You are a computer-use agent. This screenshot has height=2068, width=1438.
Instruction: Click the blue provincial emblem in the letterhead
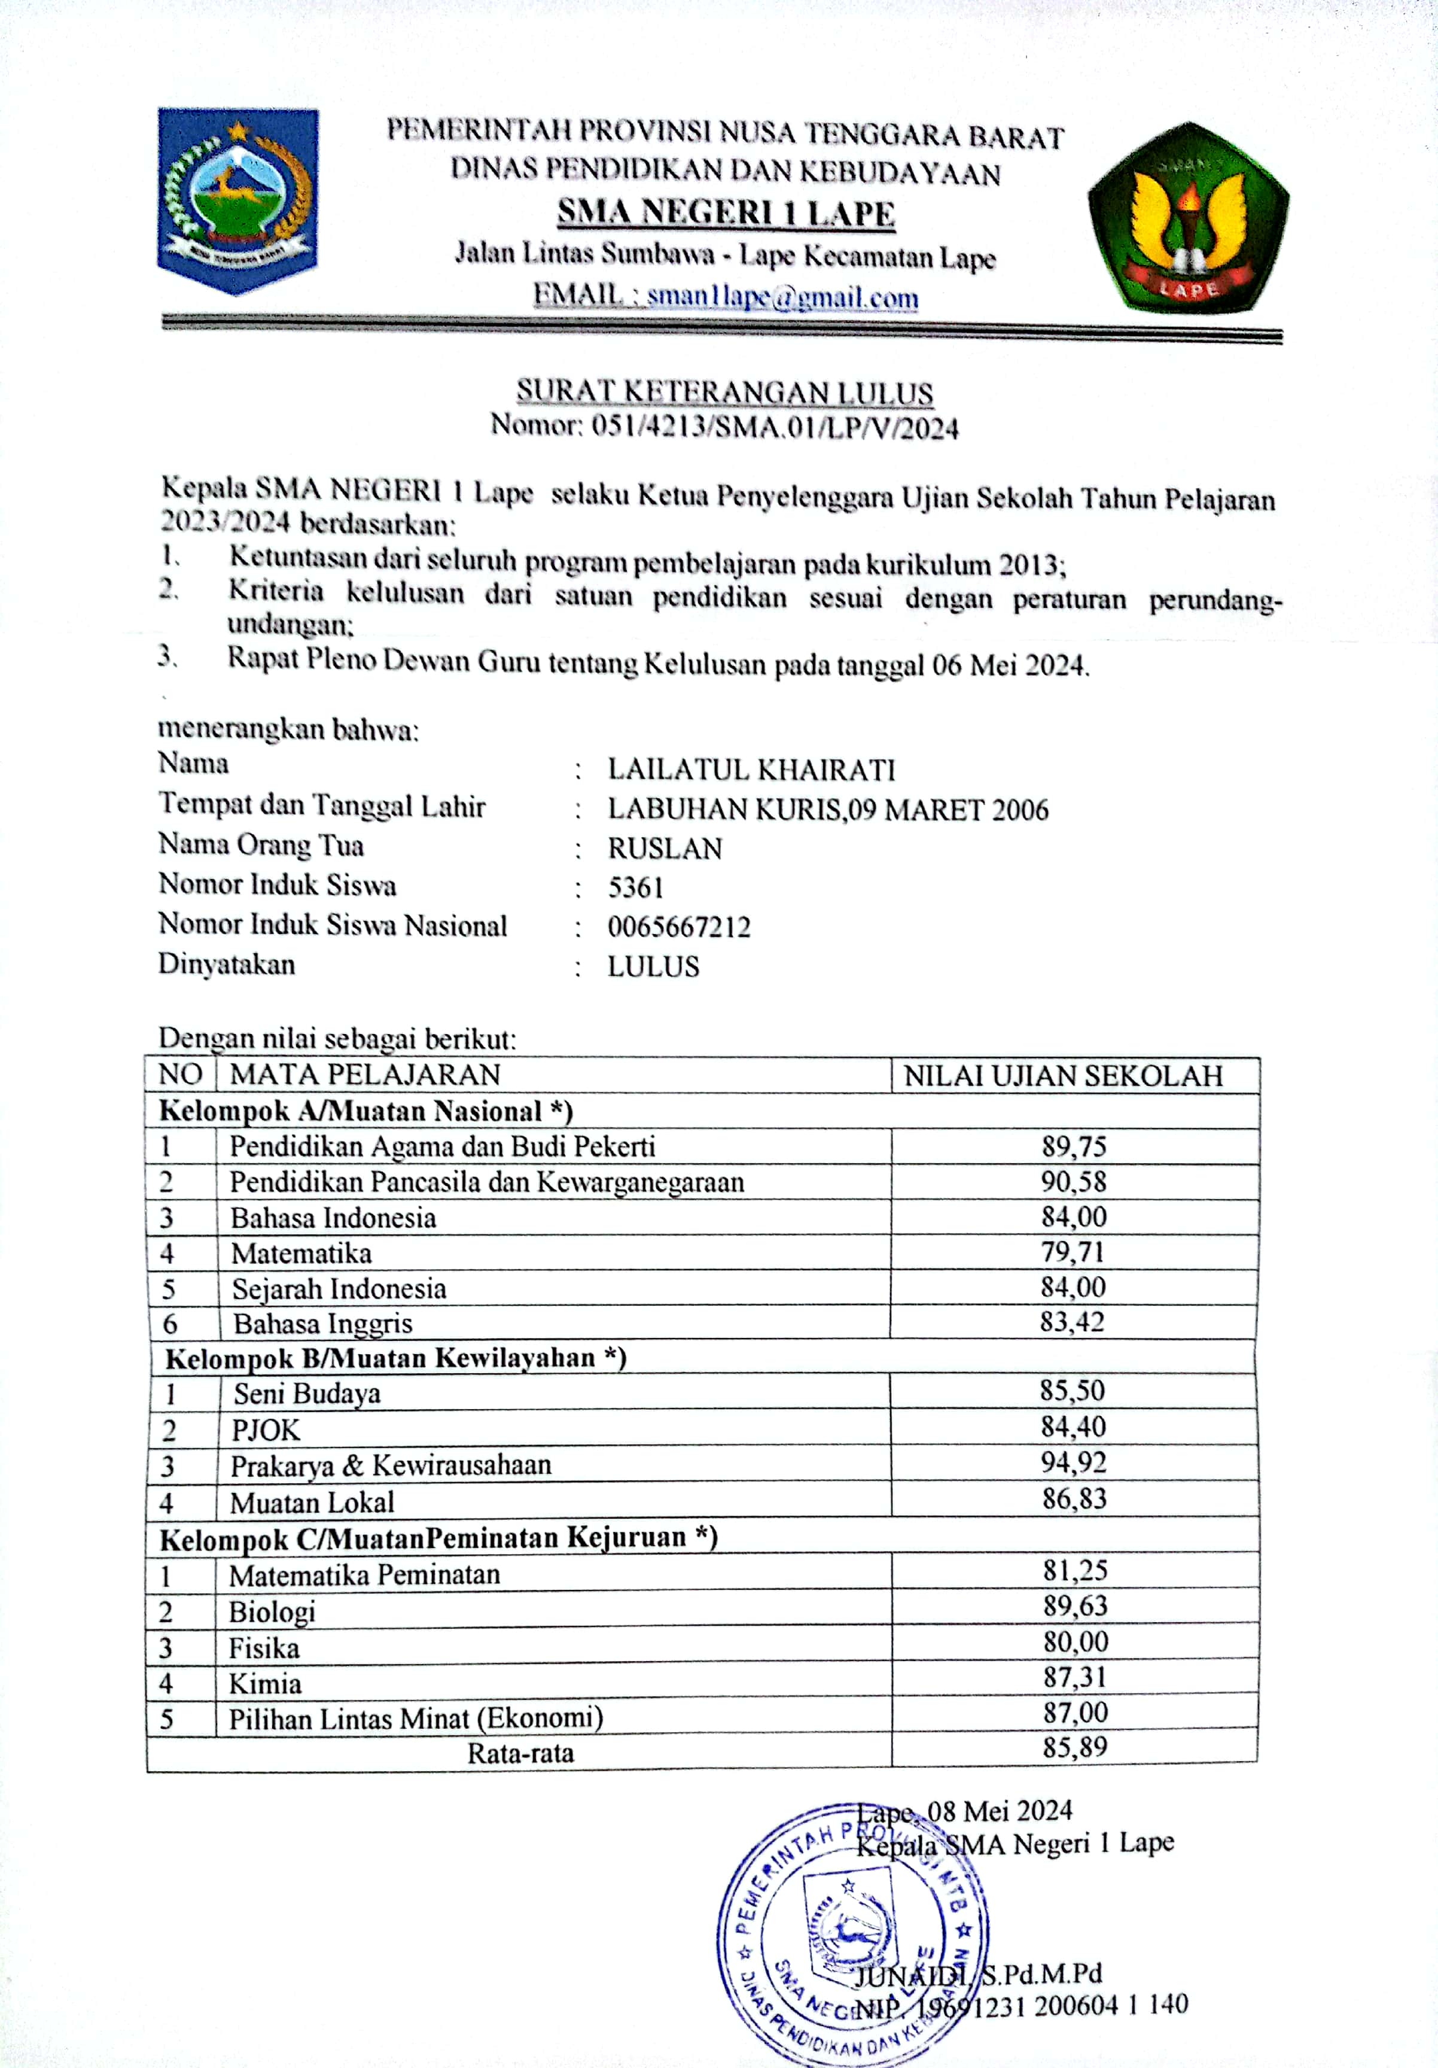pyautogui.click(x=237, y=200)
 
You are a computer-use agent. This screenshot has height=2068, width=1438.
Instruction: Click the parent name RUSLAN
pyautogui.click(x=665, y=849)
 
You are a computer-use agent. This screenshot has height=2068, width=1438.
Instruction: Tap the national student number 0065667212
pyautogui.click(x=679, y=927)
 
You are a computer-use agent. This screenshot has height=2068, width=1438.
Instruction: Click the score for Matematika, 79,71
pyautogui.click(x=1073, y=1251)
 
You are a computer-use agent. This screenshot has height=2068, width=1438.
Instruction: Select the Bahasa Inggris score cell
pyautogui.click(x=1073, y=1321)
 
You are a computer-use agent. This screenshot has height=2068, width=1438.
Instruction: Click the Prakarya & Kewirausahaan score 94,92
pyautogui.click(x=1073, y=1462)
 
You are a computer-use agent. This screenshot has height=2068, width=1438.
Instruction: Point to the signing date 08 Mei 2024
pyautogui.click(x=1000, y=1811)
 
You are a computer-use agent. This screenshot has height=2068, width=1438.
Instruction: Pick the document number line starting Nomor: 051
pyautogui.click(x=725, y=426)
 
